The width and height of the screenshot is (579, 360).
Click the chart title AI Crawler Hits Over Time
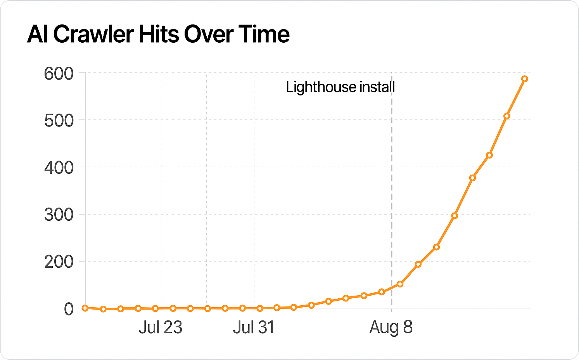(158, 34)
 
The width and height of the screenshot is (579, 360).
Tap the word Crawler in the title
(93, 34)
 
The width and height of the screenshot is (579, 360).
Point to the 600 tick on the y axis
(59, 73)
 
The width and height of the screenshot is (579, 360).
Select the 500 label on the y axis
(59, 121)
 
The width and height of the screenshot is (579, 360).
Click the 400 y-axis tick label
(59, 168)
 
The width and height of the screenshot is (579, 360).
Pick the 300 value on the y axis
(59, 215)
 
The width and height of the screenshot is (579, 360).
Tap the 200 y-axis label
(59, 262)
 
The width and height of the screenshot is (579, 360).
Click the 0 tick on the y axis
(69, 309)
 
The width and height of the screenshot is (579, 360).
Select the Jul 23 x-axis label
(160, 327)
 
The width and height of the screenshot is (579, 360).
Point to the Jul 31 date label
(254, 327)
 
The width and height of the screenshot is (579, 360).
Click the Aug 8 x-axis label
(391, 327)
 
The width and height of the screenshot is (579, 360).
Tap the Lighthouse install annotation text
(340, 87)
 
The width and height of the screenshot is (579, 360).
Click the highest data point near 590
(524, 79)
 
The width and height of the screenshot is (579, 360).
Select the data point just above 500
(506, 116)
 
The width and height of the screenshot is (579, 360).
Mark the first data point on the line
(85, 308)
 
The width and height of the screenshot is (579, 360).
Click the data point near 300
(455, 216)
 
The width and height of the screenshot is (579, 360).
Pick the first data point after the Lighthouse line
(400, 284)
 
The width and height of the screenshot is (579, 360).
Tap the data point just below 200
(418, 264)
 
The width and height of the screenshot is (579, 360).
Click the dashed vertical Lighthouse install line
(391, 194)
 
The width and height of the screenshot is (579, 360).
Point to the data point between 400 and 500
(489, 155)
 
